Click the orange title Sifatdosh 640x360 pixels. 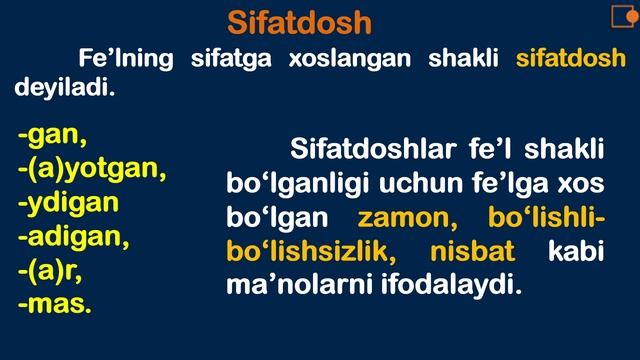click(299, 21)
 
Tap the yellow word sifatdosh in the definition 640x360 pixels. click(571, 58)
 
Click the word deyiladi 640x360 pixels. click(64, 89)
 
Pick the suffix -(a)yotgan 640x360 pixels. click(91, 168)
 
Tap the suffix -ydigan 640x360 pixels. click(68, 202)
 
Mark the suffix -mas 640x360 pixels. click(54, 304)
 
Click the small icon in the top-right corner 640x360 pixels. click(624, 16)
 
